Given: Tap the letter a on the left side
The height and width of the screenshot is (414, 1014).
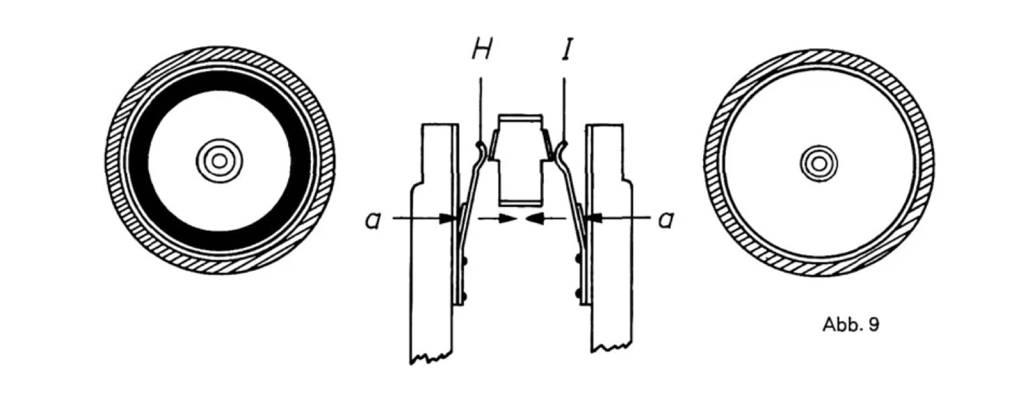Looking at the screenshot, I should point(373,219).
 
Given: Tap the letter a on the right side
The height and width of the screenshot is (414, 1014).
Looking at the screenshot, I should point(665,219).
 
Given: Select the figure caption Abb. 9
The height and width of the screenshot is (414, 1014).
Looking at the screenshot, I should point(850,325).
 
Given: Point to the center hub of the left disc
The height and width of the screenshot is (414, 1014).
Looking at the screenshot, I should point(219,160).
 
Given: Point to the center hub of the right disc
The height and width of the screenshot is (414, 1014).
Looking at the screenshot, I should point(818,163).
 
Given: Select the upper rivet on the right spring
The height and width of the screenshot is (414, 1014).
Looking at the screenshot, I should point(578,258).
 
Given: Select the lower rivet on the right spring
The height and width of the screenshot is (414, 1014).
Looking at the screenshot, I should point(578,293).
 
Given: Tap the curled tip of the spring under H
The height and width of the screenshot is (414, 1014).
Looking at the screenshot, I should point(479,146).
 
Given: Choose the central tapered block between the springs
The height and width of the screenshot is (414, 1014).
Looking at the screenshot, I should point(520,159).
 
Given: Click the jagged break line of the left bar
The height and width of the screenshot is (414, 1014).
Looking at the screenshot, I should point(430,355).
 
